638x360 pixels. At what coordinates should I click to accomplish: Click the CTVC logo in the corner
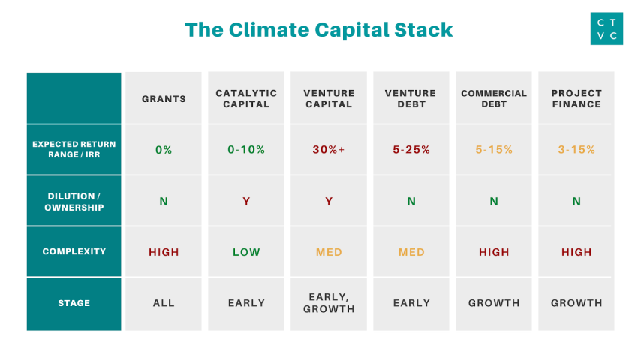pos(606,28)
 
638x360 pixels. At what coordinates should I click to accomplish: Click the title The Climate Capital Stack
pos(319,29)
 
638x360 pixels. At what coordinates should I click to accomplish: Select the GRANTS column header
pos(164,99)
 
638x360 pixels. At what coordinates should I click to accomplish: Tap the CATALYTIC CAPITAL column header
pos(246,99)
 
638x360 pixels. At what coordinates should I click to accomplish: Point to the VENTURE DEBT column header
pos(411,99)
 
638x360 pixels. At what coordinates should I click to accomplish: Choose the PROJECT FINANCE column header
pos(576,99)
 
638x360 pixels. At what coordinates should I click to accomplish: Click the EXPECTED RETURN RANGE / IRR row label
pos(74,149)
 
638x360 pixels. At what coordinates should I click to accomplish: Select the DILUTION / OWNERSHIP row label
pos(74,201)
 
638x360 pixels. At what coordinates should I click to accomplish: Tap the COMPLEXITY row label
pos(74,252)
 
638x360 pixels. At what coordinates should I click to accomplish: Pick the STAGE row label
pos(74,303)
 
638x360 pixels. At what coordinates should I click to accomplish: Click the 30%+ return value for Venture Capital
pos(329,150)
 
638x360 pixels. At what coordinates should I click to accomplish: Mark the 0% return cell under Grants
pos(164,150)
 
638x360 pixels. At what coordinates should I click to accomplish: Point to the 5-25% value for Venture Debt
pos(411,150)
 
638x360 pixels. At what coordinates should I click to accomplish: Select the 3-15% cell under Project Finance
pos(576,150)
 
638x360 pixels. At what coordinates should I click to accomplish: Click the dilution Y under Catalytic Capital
pos(246,201)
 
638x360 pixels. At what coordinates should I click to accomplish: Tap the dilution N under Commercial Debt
pos(494,201)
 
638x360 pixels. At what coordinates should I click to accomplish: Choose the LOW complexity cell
pos(246,252)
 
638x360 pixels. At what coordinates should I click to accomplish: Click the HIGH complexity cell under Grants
pos(164,252)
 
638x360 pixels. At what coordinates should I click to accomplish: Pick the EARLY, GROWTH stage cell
pos(329,303)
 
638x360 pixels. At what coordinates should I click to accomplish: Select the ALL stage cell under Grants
pos(164,303)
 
